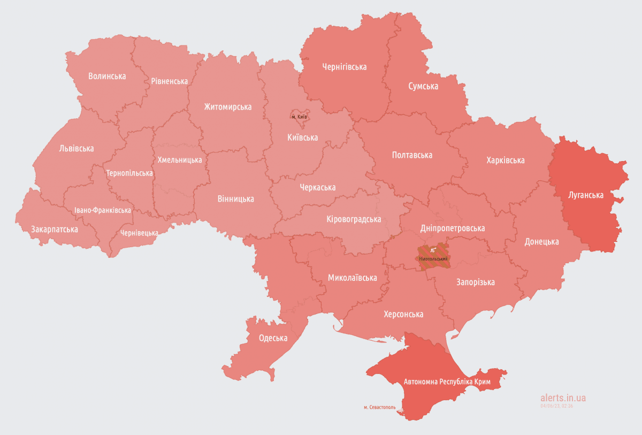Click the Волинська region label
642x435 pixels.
pos(107,76)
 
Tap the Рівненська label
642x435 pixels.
pos(169,81)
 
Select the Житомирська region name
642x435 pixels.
pos(227,107)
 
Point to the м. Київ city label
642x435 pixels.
pos(299,117)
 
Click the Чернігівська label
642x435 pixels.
pos(344,67)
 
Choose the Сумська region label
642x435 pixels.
pos(423,86)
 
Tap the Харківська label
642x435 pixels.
pos(505,161)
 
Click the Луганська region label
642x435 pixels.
pos(585,195)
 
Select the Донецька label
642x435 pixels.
pos(541,242)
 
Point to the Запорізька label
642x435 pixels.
pos(475,283)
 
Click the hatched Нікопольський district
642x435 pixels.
pos(433,255)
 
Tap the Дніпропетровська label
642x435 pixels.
pos(452,228)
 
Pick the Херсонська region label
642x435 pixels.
pos(403,314)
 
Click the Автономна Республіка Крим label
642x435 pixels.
pos(448,382)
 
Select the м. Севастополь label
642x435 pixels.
pos(379,407)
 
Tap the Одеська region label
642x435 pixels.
pos(273,338)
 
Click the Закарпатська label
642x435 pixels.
pos(54,230)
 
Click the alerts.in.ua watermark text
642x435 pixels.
pos(563,398)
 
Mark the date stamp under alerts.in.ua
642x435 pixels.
pos(556,406)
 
